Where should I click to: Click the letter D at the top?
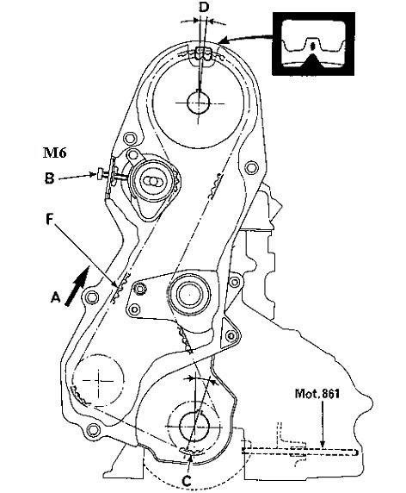coord(204,8)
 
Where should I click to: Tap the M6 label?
coord(55,153)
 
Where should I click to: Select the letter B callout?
coord(49,178)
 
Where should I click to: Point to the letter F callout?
coord(49,219)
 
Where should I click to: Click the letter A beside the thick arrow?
coord(56,297)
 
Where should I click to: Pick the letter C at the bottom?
coord(187,480)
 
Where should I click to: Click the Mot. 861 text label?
coord(317,394)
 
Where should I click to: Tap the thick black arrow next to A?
coord(77,285)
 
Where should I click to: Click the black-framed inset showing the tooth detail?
coord(313,44)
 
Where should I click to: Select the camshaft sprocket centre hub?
coord(199,103)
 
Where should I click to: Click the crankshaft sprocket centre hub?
coord(194,426)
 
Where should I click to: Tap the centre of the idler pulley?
coord(189,295)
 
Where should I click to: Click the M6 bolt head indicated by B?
coord(101,174)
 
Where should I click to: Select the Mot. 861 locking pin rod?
coord(300,452)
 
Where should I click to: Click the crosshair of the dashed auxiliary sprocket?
coord(99,381)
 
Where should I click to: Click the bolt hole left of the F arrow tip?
coord(91,296)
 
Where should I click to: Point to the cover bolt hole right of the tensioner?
coord(251,167)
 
